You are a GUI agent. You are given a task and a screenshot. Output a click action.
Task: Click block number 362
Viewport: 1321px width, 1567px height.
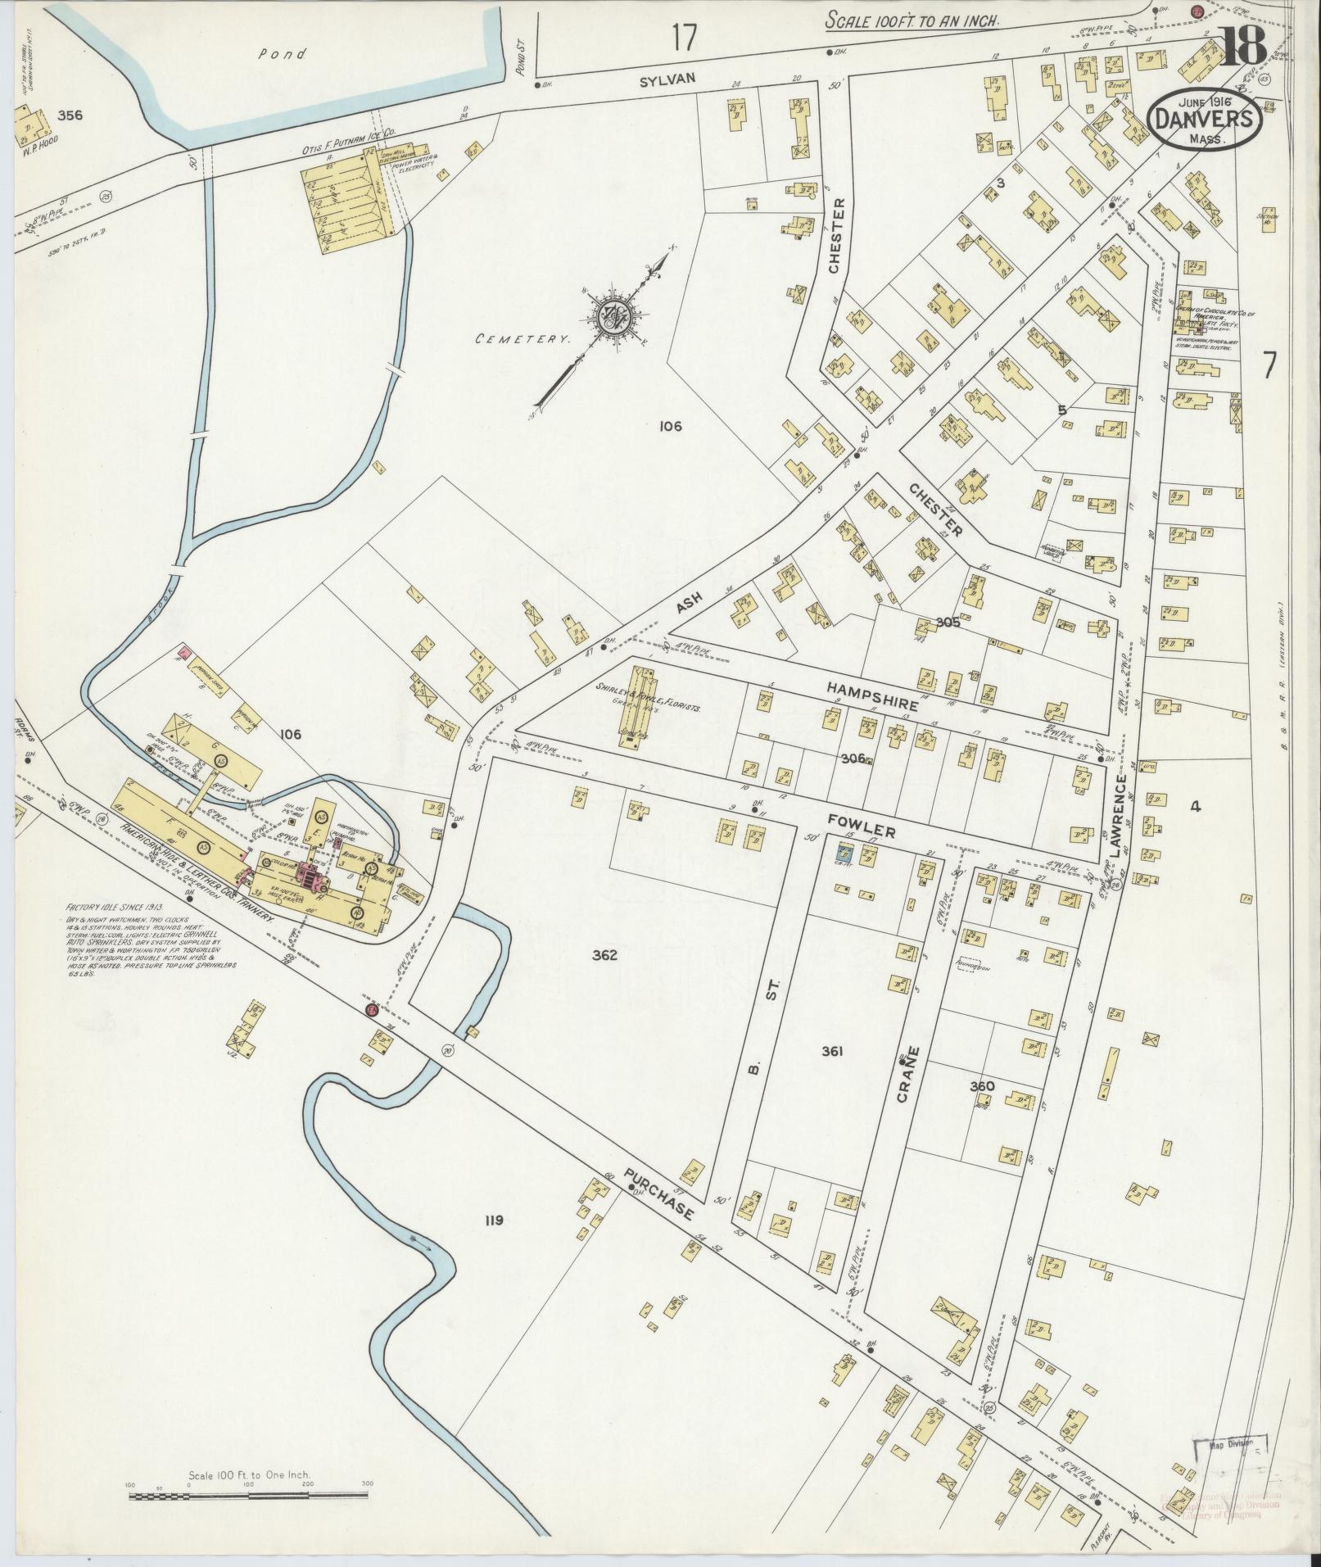[604, 955]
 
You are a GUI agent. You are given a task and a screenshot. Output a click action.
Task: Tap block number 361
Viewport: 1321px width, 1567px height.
[833, 1052]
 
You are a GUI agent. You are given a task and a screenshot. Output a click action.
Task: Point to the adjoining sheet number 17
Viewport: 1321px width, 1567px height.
[683, 38]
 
